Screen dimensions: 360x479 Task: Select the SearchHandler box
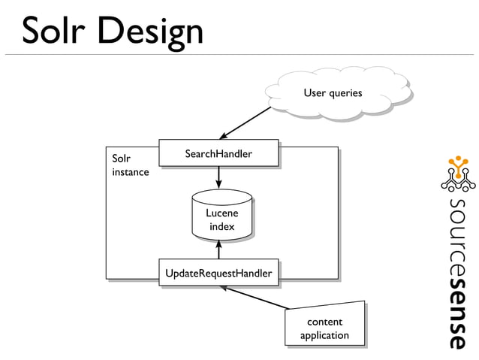(218, 154)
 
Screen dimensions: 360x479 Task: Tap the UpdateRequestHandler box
(218, 273)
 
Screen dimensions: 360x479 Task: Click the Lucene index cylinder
(221, 217)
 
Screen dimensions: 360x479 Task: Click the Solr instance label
(130, 165)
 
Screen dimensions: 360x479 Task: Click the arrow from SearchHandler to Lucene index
(218, 177)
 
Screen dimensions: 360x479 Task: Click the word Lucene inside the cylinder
(221, 213)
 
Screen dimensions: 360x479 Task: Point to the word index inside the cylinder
(221, 226)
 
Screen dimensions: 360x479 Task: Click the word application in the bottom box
(324, 335)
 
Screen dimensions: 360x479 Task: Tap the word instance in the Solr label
(130, 172)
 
